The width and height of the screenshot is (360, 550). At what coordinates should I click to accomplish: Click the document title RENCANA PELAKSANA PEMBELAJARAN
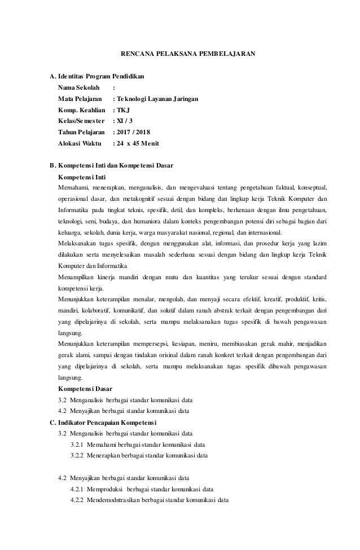coord(188,55)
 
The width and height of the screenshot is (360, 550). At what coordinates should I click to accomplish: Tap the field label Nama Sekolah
coord(79,87)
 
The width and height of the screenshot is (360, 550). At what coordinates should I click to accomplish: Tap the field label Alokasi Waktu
coord(79,143)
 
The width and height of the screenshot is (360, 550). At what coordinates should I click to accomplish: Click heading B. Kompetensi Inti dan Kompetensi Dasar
coord(112,166)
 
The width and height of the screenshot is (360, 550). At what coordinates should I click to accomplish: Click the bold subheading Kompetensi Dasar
coord(85,389)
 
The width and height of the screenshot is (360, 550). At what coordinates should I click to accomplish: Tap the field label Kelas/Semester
coord(82,121)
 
